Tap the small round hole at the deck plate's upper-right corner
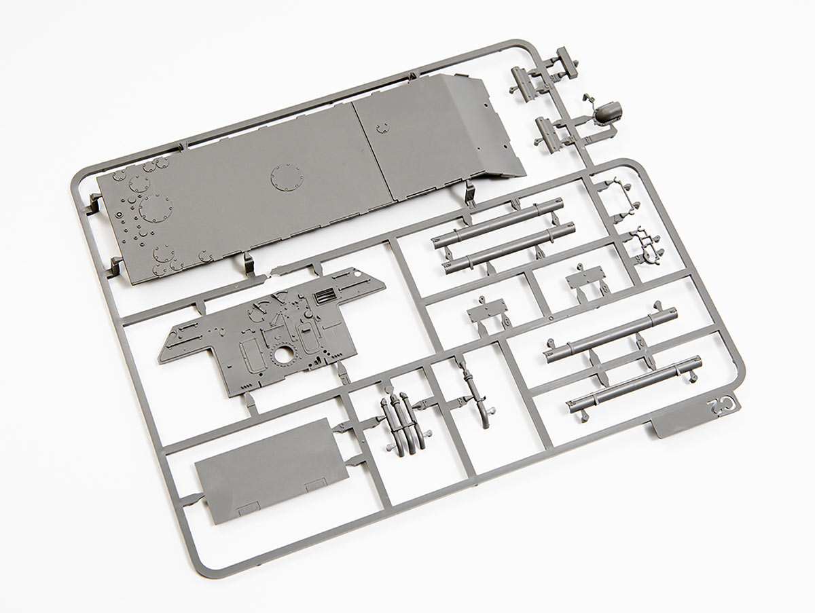coord(358,274)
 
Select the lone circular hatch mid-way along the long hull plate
coord(287,178)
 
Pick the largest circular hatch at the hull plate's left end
coord(156,208)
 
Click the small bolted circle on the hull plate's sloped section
coord(382,128)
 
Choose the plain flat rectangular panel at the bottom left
coord(272,471)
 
